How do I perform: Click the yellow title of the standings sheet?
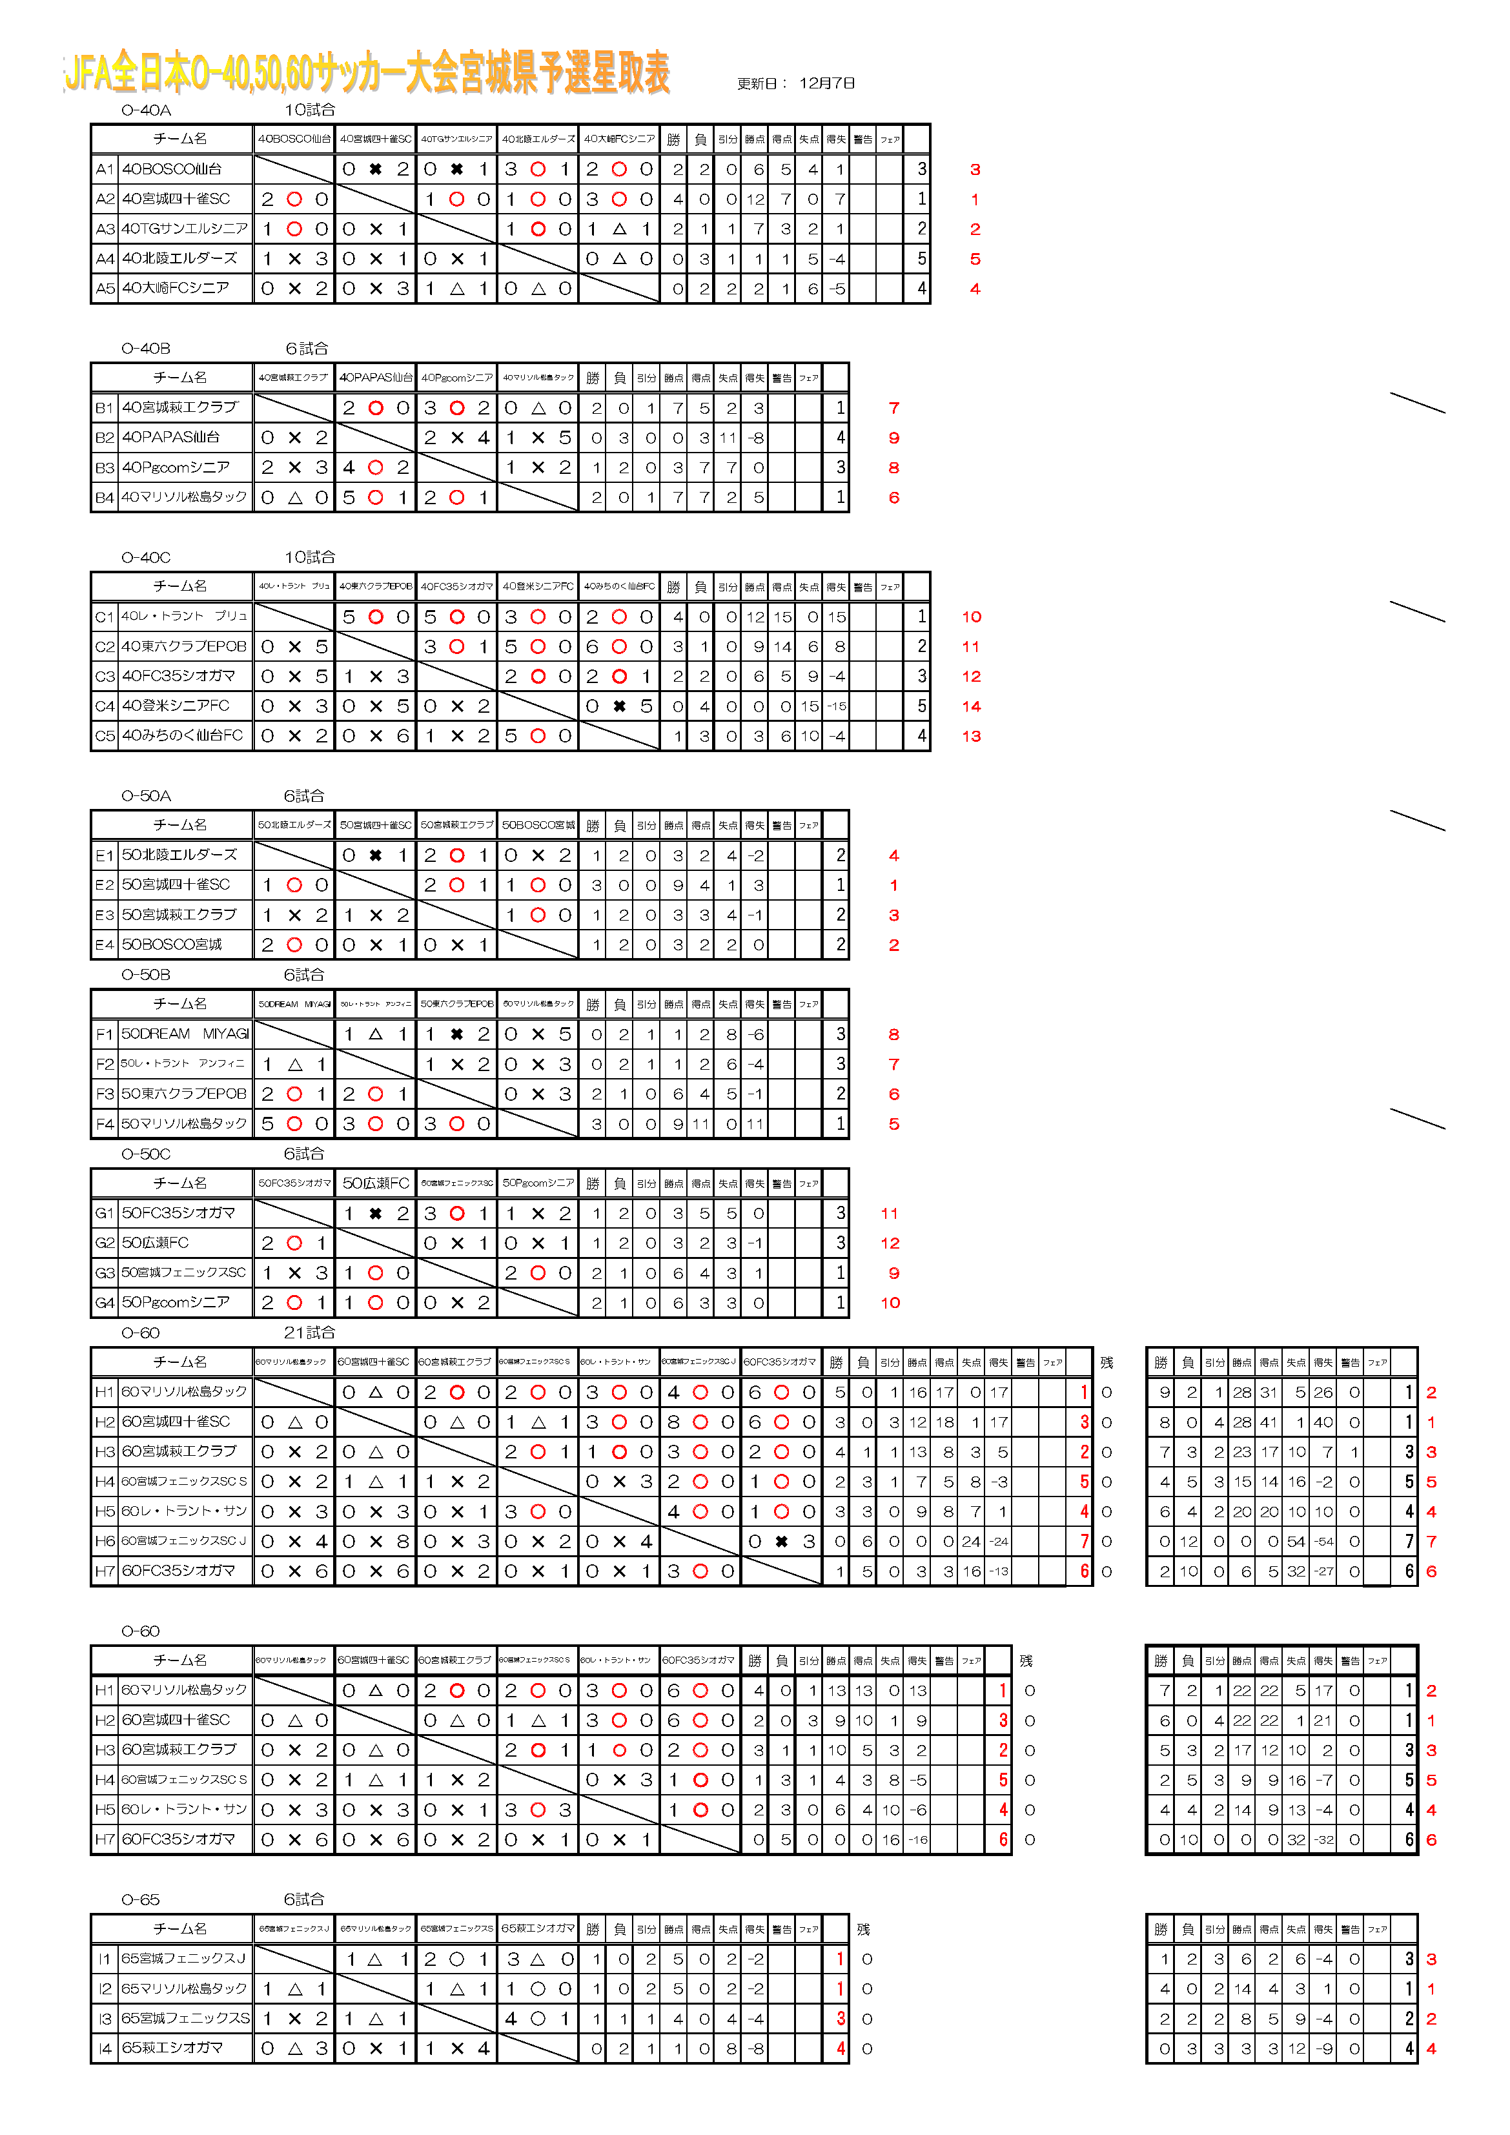(367, 72)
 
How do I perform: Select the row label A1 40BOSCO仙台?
(172, 169)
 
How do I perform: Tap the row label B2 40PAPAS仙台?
(171, 437)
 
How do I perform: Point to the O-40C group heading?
(146, 558)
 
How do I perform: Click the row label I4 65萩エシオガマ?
(172, 2048)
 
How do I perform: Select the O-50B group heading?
(146, 974)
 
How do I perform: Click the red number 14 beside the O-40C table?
(971, 706)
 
